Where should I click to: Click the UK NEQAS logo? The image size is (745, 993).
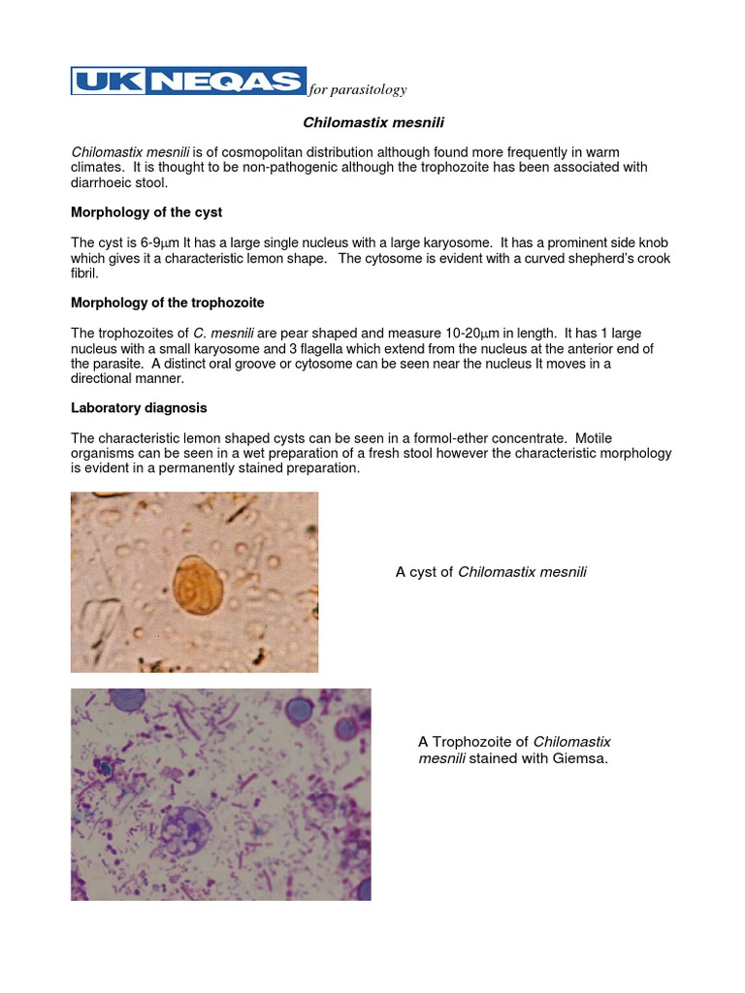[188, 80]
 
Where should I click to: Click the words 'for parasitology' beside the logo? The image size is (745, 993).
[357, 90]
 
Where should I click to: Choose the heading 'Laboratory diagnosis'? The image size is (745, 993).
[139, 407]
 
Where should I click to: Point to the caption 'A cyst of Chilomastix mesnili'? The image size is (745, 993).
[491, 572]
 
